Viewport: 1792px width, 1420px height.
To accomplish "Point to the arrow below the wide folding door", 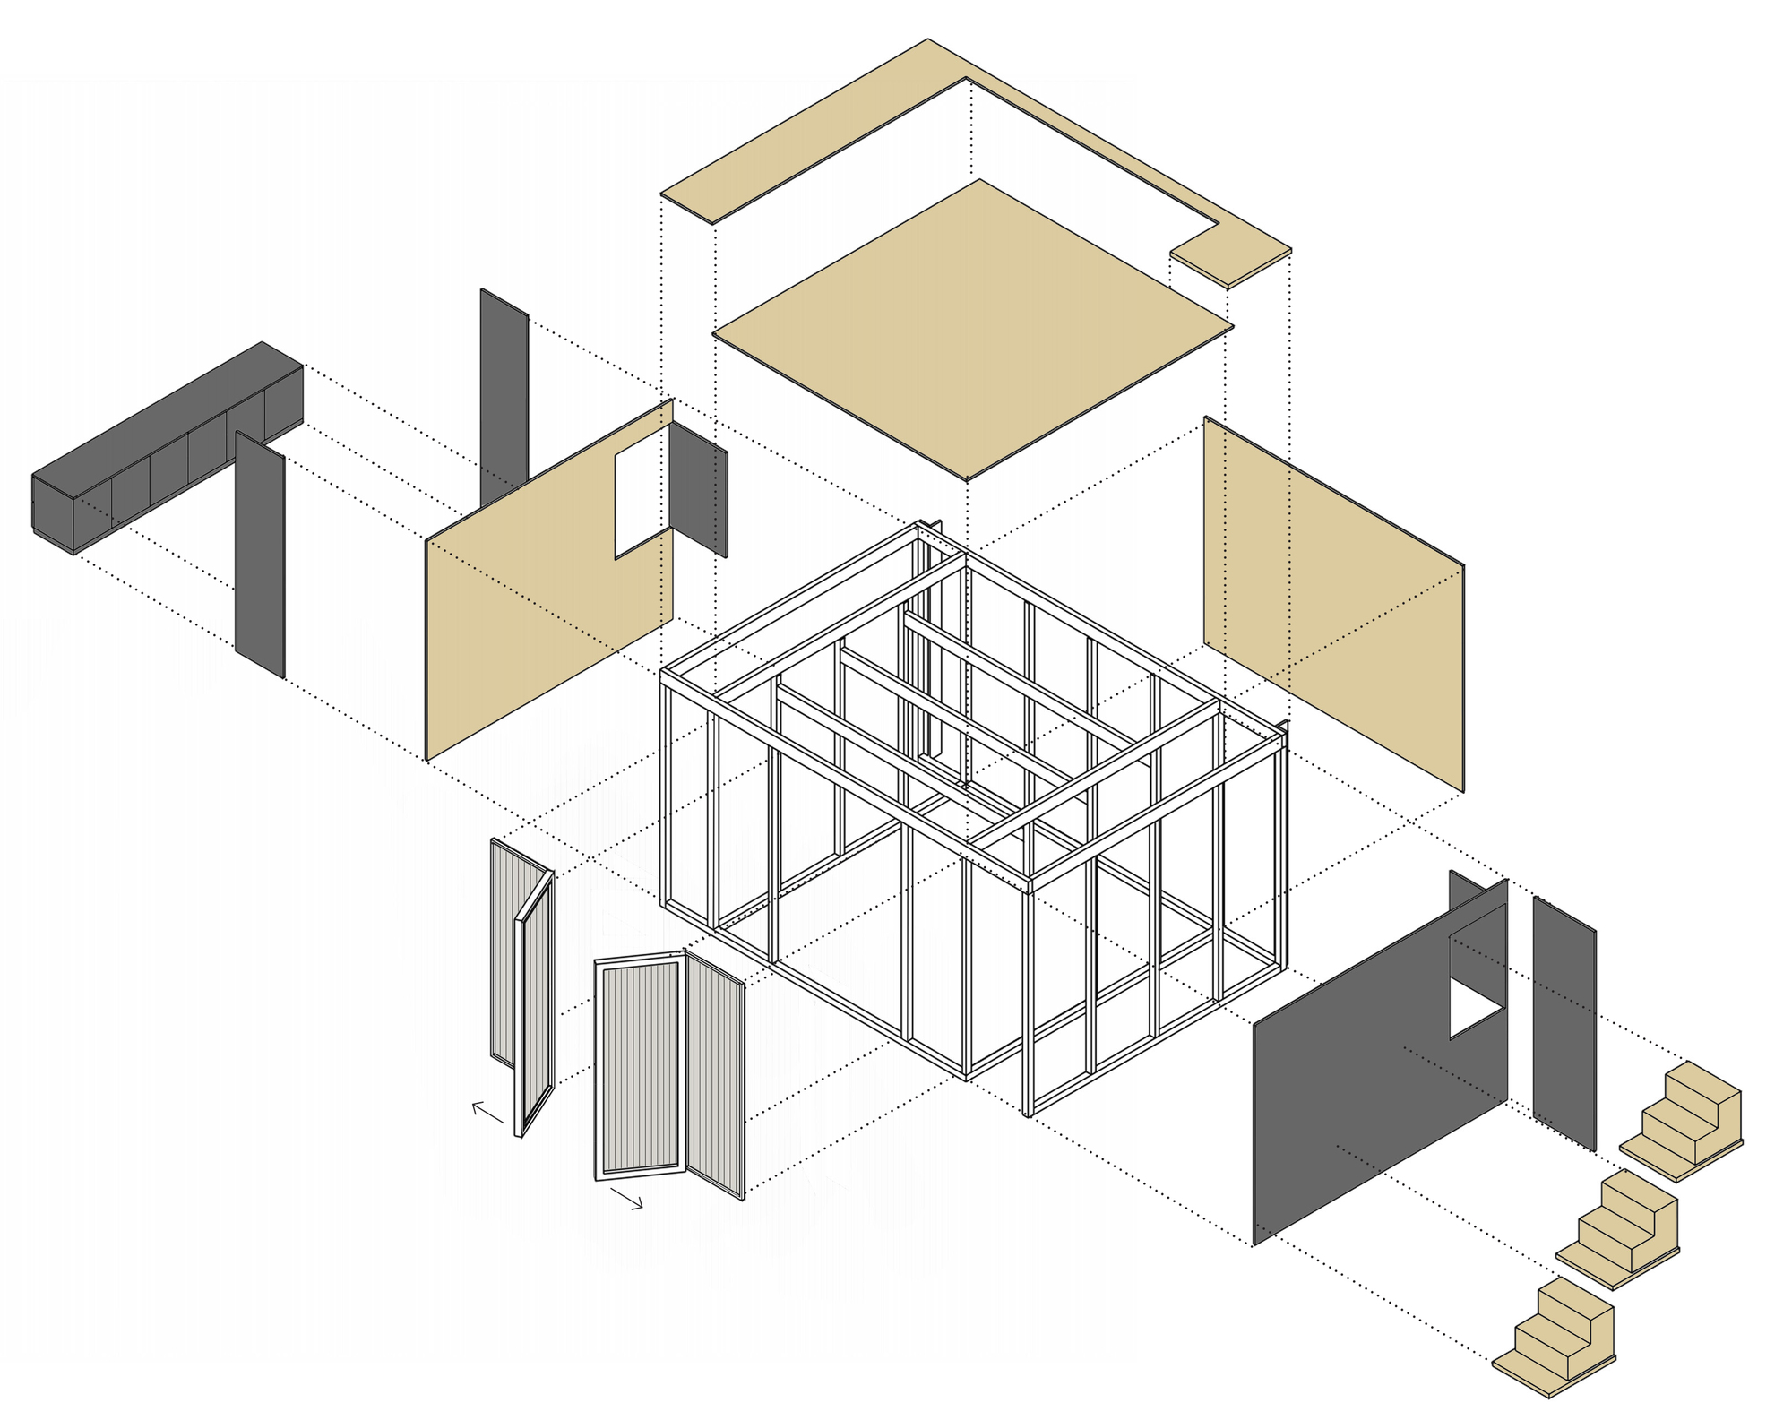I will [627, 1199].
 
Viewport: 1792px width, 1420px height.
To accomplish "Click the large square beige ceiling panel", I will [972, 327].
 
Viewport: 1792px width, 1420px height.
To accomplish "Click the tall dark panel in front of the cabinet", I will [260, 555].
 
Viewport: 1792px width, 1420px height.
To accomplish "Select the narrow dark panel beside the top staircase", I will [1564, 1021].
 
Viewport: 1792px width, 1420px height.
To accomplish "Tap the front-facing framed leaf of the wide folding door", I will [639, 1066].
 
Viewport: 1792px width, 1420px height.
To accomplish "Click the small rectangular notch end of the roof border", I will [1229, 260].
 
